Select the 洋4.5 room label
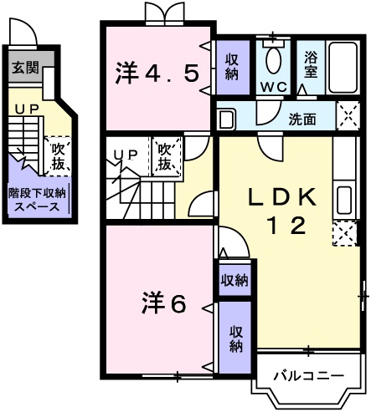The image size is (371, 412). [x=157, y=73]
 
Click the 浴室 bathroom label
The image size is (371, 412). [x=310, y=66]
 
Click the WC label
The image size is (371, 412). [x=273, y=87]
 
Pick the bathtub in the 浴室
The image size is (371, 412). [x=344, y=64]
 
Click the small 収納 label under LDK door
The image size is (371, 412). [x=234, y=280]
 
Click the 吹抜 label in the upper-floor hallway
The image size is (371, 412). [x=166, y=157]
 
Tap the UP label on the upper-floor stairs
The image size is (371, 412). [x=126, y=154]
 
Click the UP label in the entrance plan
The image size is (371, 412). [x=24, y=109]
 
